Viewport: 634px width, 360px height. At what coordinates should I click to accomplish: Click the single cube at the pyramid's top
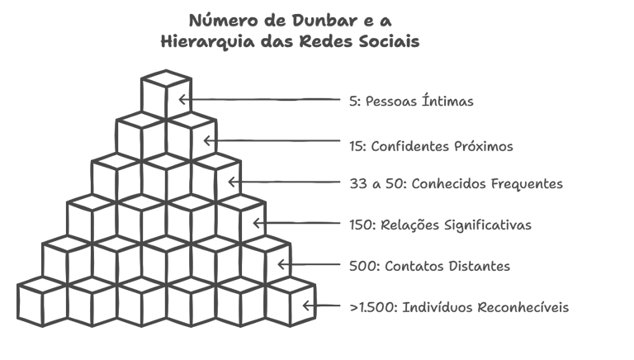[166, 93]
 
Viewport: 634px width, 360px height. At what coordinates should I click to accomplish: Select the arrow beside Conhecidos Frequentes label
[289, 182]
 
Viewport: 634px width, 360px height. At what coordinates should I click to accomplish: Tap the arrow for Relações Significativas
[301, 223]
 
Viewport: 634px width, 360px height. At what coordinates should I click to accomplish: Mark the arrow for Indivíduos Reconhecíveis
[325, 306]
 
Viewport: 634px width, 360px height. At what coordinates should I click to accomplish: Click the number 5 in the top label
[353, 102]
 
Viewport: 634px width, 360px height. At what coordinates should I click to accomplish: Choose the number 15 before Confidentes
[357, 146]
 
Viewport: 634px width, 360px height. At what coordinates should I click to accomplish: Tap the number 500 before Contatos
[362, 266]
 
